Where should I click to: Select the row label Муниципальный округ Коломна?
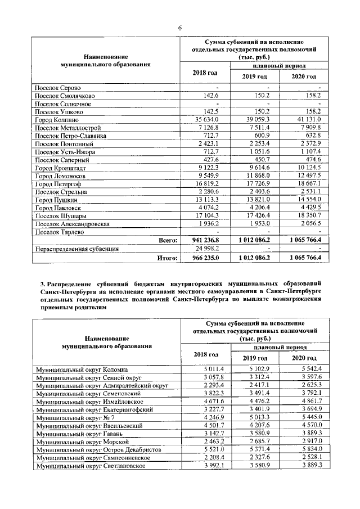point(82,368)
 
